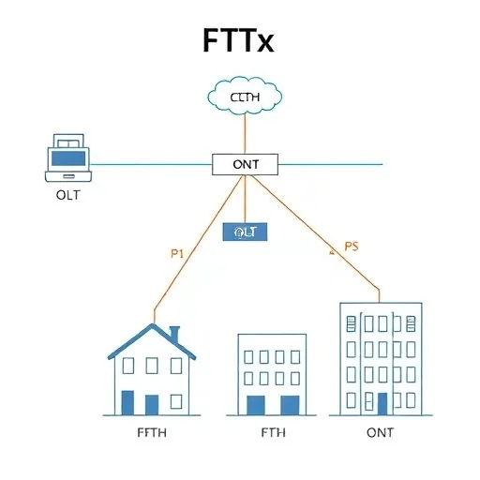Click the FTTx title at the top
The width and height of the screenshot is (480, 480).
(x=238, y=41)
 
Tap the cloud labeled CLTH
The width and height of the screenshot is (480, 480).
(x=243, y=97)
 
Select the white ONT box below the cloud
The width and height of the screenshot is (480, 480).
(x=244, y=164)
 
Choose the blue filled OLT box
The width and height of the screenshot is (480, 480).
(x=244, y=231)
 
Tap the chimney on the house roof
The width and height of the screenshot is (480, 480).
(x=173, y=335)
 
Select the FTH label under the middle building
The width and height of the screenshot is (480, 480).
(x=273, y=432)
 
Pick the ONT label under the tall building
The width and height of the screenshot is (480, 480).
(x=380, y=432)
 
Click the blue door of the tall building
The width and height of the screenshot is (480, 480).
(x=382, y=404)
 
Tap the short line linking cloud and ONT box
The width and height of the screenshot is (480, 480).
(x=244, y=135)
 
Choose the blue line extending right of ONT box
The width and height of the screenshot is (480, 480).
(x=333, y=164)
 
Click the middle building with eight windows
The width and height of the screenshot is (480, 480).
(x=272, y=373)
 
